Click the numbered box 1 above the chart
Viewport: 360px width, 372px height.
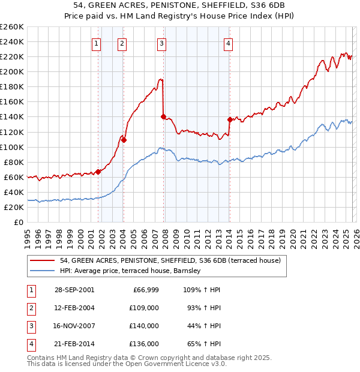tap(97, 43)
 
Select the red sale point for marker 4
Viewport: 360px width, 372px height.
tap(230, 119)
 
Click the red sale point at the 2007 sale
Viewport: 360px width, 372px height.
tap(163, 116)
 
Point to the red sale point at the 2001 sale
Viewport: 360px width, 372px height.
tap(98, 172)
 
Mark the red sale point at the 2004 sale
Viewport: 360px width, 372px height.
tap(124, 140)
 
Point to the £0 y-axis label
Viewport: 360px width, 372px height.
tap(19, 222)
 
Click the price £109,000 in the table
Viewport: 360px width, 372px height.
tap(144, 308)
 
